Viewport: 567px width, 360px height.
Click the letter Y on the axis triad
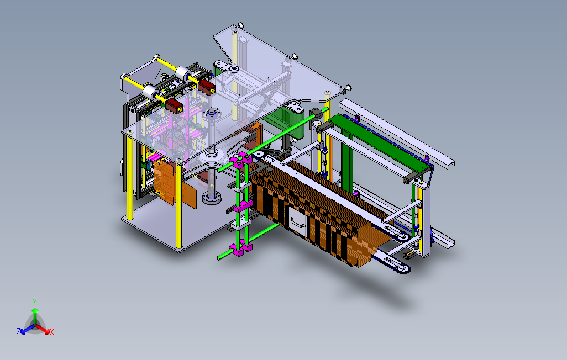[x=35, y=302]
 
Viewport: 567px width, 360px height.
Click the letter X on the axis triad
[x=52, y=332]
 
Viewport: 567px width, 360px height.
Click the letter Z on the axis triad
[x=18, y=331]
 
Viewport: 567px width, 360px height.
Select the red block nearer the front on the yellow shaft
[x=174, y=106]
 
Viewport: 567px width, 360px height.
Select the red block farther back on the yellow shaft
[x=207, y=87]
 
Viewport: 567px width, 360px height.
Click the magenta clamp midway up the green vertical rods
[x=243, y=207]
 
